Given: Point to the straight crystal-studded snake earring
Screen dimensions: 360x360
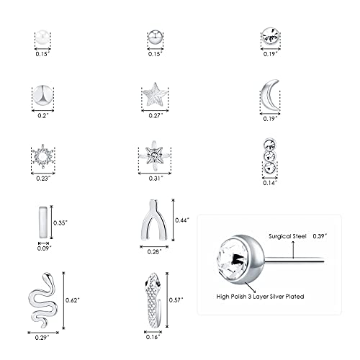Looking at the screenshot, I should tap(152, 298).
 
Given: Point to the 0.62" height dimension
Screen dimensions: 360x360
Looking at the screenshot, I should tap(73, 298).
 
